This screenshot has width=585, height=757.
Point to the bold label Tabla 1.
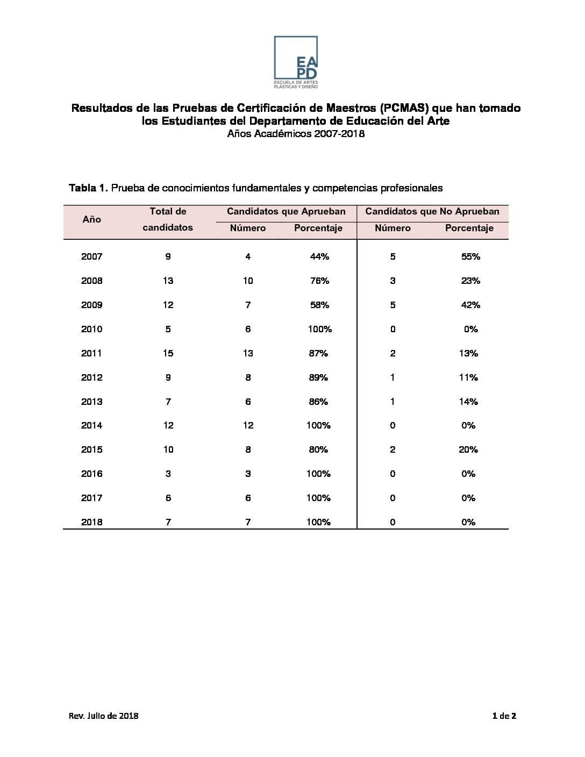coord(89,188)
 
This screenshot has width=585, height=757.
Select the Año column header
coord(92,219)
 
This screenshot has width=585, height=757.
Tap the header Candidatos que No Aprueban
coord(432,212)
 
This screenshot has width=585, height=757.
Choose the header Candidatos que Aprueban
coord(286,212)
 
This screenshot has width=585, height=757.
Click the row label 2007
coord(92,256)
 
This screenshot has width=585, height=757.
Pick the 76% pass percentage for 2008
coord(319,281)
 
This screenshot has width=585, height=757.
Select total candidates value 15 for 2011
coord(168,353)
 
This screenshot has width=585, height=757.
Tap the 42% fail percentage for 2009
coord(470,305)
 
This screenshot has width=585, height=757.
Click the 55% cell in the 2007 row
coord(470,256)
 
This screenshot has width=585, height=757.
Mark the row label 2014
coord(92,425)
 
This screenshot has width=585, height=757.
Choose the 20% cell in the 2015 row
coord(468,449)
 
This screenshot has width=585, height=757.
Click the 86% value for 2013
coord(318,402)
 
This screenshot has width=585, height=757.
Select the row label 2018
coord(92,522)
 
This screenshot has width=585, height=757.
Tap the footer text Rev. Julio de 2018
coord(104,716)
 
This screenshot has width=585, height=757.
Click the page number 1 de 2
coord(504,716)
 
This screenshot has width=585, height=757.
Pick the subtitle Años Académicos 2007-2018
coord(296,134)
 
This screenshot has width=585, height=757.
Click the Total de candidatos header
coord(168,219)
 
